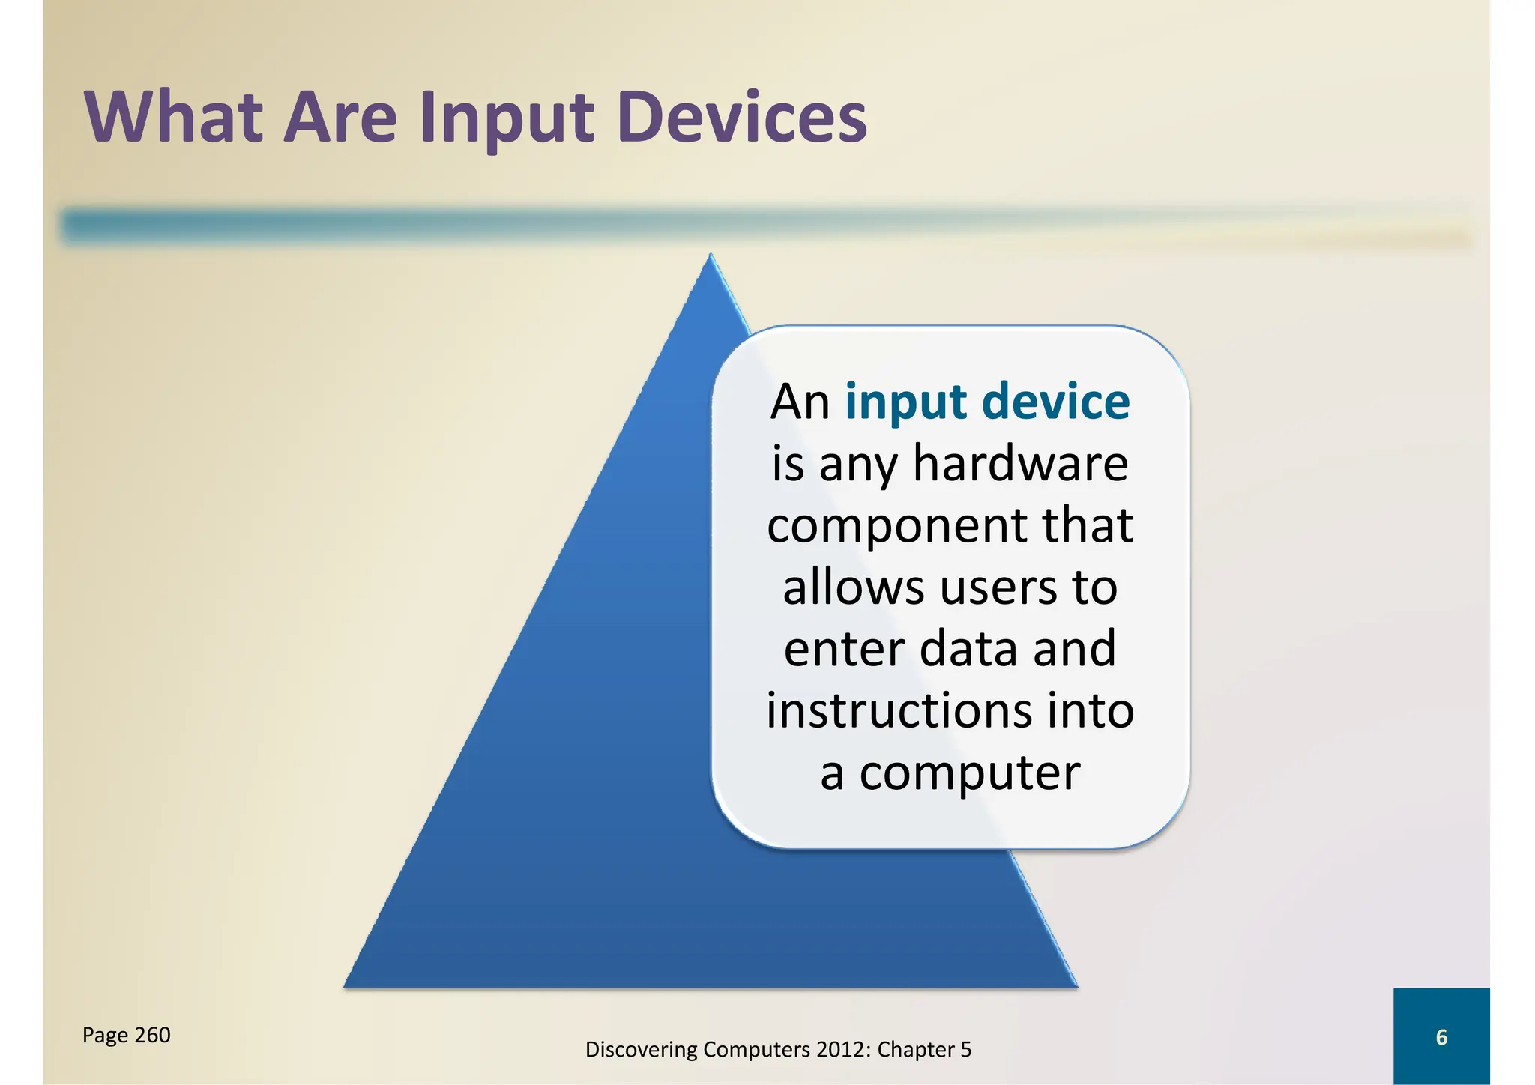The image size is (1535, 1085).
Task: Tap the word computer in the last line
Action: point(969,774)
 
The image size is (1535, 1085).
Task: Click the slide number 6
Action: point(1441,1037)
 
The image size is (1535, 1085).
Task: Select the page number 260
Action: point(152,1035)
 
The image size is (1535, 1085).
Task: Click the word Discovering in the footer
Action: point(641,1050)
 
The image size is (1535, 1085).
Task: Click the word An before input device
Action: point(800,402)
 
